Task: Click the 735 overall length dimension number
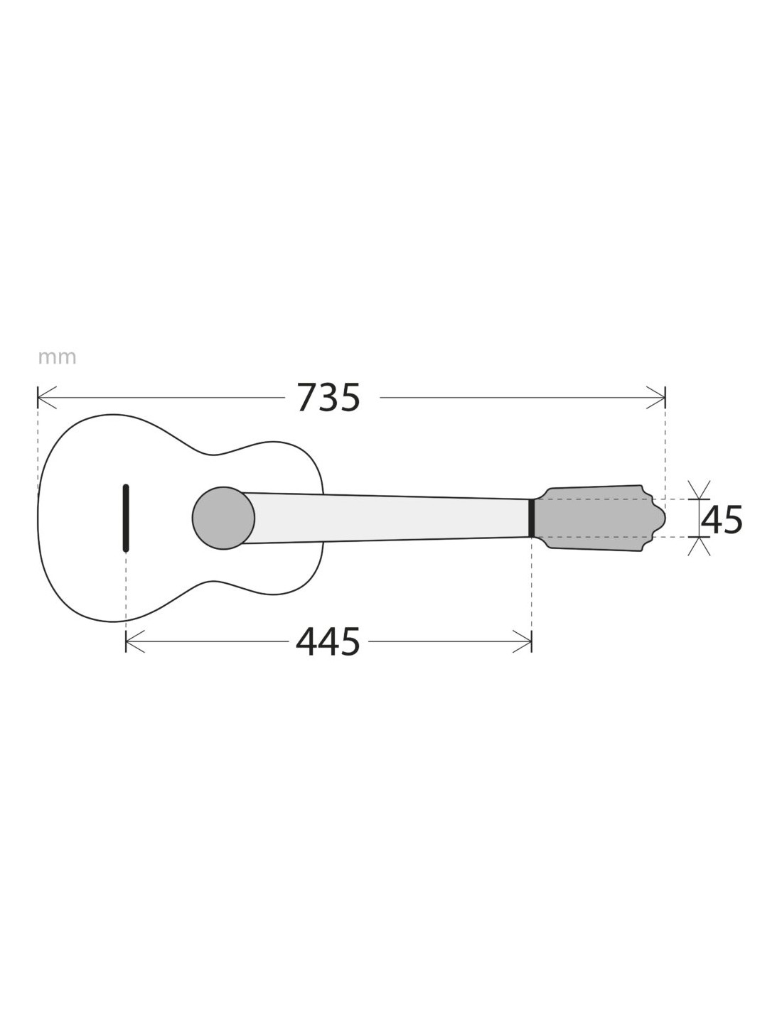point(328,398)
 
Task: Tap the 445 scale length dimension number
point(328,642)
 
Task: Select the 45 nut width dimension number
point(722,520)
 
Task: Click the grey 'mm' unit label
point(57,358)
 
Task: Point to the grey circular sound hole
point(223,518)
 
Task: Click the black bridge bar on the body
point(126,518)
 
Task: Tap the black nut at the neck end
point(531,518)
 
